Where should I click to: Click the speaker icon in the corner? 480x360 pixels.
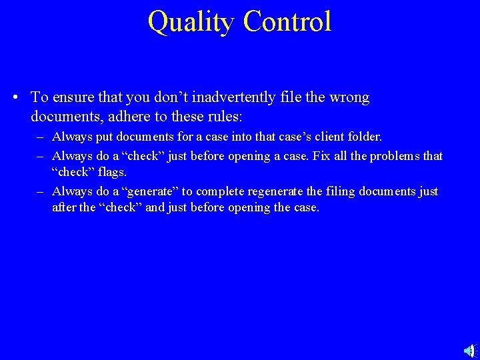click(x=468, y=349)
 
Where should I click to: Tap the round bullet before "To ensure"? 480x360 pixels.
click(x=15, y=98)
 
